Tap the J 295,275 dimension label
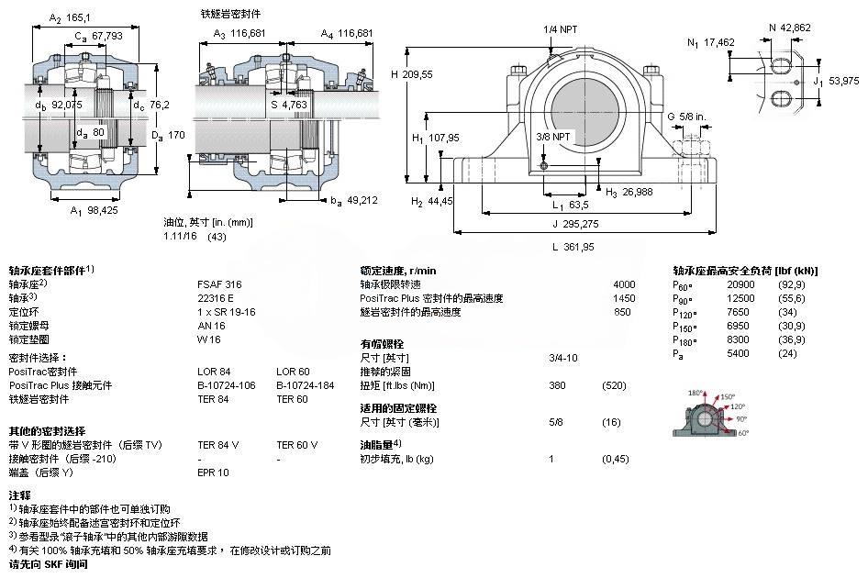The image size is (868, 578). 575,222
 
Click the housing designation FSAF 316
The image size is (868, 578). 216,284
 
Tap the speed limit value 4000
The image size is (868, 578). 623,284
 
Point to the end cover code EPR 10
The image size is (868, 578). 213,472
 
